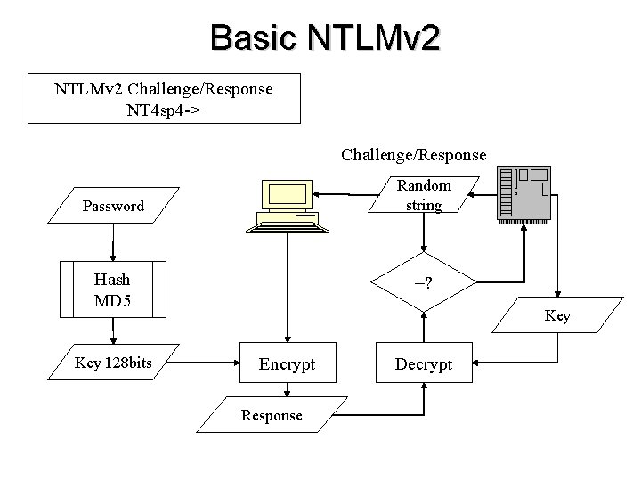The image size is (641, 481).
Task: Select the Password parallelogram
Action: (x=113, y=207)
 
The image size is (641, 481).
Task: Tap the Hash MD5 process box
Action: (x=113, y=289)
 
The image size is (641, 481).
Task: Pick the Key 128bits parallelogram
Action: (x=113, y=363)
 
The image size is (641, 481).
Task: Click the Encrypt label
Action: (x=286, y=364)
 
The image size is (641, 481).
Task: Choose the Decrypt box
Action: (x=424, y=364)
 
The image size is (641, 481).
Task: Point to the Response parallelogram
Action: (x=272, y=415)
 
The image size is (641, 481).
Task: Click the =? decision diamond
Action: (x=424, y=283)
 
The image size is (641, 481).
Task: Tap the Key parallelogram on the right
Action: (x=557, y=316)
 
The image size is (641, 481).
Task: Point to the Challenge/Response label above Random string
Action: (x=413, y=155)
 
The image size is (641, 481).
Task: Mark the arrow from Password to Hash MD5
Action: (x=113, y=242)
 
